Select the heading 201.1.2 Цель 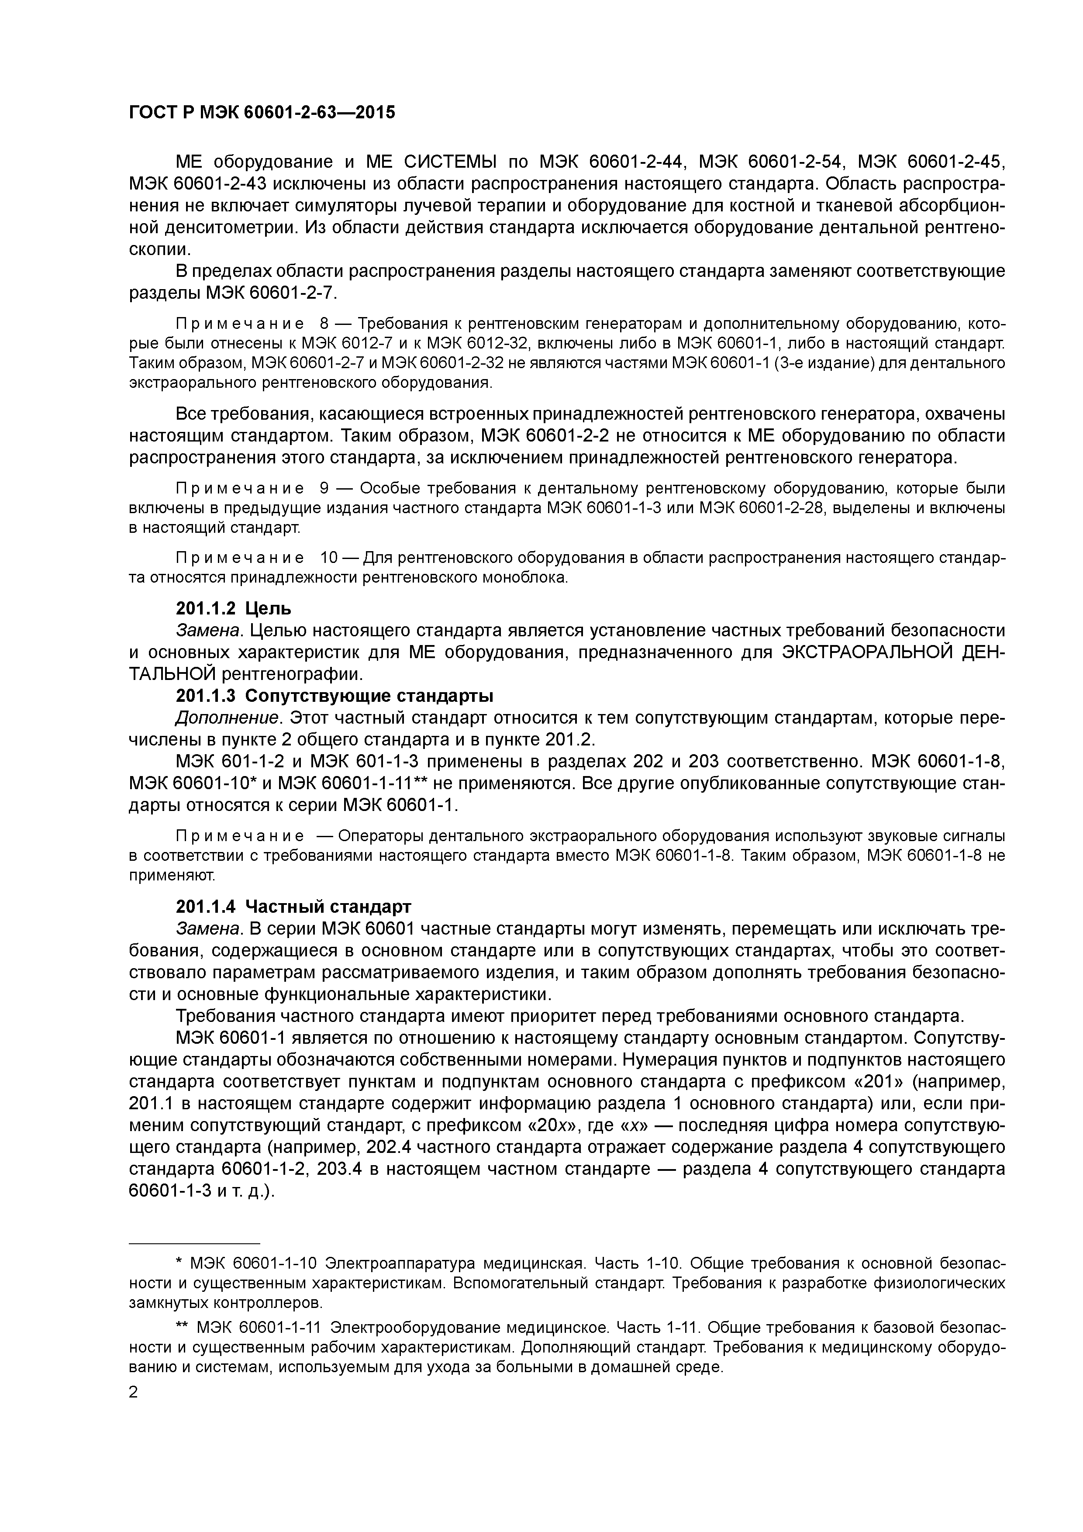[x=234, y=608]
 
